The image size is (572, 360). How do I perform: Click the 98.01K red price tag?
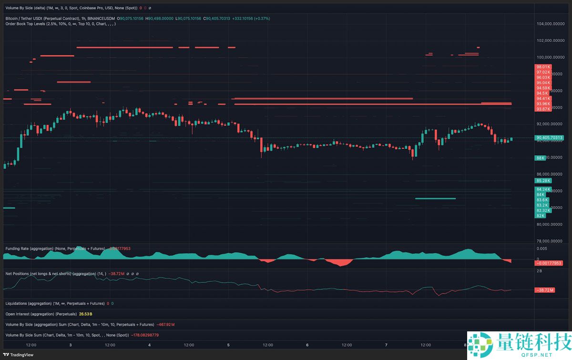(543, 67)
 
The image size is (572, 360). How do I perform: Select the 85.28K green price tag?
(543, 181)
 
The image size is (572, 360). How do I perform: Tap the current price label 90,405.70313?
(550, 138)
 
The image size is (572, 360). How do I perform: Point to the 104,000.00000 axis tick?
(551, 24)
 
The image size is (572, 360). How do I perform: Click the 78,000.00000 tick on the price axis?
(551, 241)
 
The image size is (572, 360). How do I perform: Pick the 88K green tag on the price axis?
(541, 157)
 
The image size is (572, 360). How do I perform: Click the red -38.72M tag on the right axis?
(543, 290)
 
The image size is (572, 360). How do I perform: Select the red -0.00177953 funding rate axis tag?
(549, 263)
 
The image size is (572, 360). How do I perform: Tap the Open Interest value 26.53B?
(86, 314)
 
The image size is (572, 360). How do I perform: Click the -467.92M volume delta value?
(165, 325)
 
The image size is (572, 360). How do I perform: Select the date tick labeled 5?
(228, 345)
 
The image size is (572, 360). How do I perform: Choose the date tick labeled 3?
(71, 345)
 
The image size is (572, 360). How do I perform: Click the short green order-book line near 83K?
(435, 198)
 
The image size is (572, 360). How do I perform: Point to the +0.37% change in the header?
(263, 19)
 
